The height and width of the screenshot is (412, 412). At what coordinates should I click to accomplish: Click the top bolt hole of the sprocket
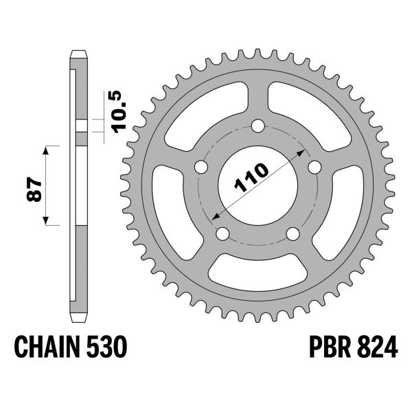pos(258,126)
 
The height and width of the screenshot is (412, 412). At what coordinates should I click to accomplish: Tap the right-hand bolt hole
pos(315,168)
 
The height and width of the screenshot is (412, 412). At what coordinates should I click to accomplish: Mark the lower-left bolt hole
pos(222,234)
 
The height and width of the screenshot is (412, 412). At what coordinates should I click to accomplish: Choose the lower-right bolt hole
pos(293,234)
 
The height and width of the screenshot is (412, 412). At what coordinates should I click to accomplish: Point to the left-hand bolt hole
pos(201,168)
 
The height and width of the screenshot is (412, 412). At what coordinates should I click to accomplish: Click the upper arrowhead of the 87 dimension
pos(46,150)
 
